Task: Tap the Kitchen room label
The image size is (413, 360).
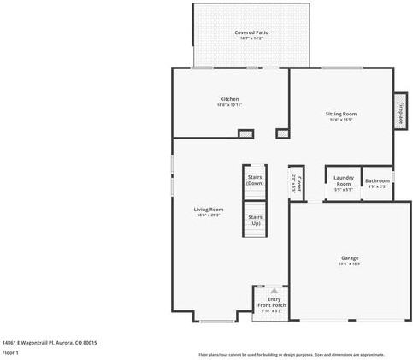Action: point(229,99)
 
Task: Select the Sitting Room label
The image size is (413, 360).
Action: point(341,114)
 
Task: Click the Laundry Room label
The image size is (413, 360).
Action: point(343,181)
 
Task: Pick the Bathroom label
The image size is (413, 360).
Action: point(377,180)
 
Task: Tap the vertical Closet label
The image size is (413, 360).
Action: point(296,180)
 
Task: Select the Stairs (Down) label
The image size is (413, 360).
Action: point(255,180)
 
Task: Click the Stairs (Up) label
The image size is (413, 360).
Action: point(255,220)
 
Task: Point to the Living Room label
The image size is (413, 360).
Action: point(209,210)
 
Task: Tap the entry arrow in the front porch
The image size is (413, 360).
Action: point(274,290)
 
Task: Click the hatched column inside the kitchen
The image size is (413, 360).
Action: point(245,133)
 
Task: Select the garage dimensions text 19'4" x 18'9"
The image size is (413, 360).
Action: point(349,263)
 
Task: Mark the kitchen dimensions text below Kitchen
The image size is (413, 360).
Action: point(229,105)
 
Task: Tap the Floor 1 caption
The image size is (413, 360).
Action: point(11,352)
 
